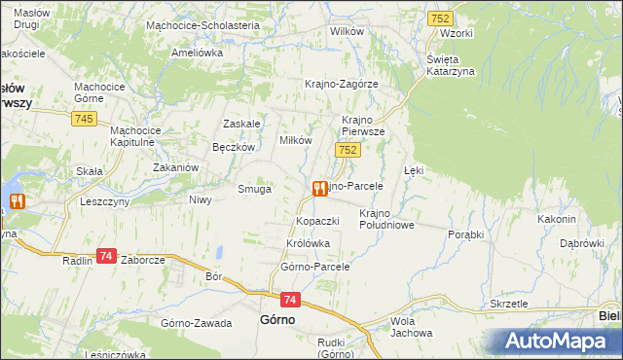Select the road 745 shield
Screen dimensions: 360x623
click(84, 118)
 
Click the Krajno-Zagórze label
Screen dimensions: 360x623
click(341, 84)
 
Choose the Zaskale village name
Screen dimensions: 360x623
click(242, 124)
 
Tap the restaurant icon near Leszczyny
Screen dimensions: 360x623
click(16, 202)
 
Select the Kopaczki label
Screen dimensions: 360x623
click(317, 221)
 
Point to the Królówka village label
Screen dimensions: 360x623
click(309, 243)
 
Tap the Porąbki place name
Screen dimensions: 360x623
click(465, 235)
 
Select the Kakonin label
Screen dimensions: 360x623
click(556, 219)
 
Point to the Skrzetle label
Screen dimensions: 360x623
click(509, 304)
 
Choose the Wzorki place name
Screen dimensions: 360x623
click(456, 33)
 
